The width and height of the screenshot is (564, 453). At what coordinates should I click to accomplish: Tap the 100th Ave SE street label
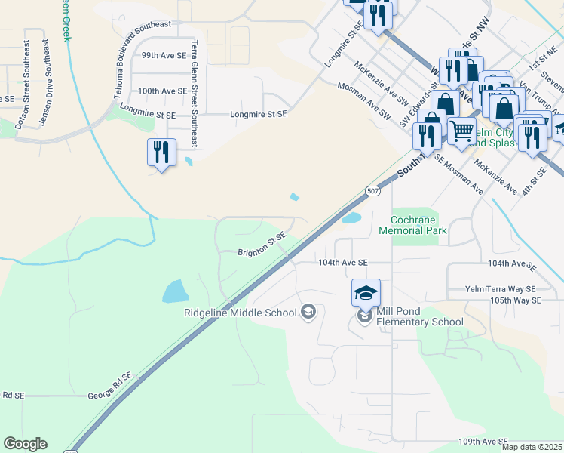pyautogui.click(x=162, y=91)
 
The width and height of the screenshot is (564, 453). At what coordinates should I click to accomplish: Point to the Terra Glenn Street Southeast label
pyautogui.click(x=195, y=94)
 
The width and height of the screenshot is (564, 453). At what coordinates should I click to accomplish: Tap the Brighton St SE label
pyautogui.click(x=262, y=245)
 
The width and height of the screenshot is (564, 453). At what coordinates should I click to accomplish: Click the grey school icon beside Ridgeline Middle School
pyautogui.click(x=308, y=311)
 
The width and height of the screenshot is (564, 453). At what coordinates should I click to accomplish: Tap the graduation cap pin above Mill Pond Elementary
pyautogui.click(x=366, y=293)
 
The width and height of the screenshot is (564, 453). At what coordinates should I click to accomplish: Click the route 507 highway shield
pyautogui.click(x=372, y=191)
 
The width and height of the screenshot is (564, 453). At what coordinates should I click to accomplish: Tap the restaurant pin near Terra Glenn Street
pyautogui.click(x=161, y=153)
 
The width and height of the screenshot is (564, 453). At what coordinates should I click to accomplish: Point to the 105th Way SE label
pyautogui.click(x=514, y=300)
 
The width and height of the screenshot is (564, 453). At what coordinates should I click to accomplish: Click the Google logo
pyautogui.click(x=26, y=444)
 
